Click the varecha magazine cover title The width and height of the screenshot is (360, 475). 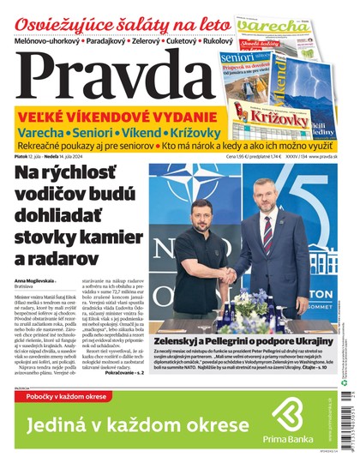(x=273, y=26)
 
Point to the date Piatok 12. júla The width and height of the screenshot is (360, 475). (x=31, y=154)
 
